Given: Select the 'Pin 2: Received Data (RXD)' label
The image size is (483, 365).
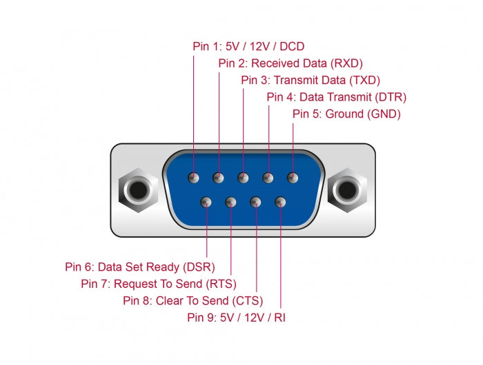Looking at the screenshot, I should pyautogui.click(x=290, y=63).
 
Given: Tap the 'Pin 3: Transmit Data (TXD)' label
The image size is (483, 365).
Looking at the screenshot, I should pyautogui.click(x=310, y=80).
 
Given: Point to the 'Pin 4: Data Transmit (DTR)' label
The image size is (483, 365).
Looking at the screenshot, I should pyautogui.click(x=337, y=97).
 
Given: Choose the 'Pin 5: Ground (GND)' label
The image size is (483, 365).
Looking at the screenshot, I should pyautogui.click(x=346, y=114).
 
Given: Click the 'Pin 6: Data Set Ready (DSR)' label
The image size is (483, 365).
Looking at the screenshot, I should pyautogui.click(x=140, y=267).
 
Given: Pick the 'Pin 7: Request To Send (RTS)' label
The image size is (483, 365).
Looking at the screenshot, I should pyautogui.click(x=159, y=283).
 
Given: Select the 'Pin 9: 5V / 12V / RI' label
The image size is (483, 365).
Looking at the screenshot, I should pyautogui.click(x=236, y=317).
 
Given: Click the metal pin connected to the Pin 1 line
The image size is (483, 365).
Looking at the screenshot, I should pyautogui.click(x=194, y=178).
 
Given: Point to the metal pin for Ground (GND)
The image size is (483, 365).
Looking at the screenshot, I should pyautogui.click(x=293, y=178).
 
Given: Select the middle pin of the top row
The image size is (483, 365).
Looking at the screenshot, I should pyautogui.click(x=243, y=178).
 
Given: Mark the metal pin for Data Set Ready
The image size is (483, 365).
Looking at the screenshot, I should pyautogui.click(x=206, y=202).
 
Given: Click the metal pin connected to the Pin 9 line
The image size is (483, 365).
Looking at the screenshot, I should pyautogui.click(x=280, y=202).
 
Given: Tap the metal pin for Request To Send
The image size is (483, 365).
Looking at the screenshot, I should pyautogui.click(x=230, y=202).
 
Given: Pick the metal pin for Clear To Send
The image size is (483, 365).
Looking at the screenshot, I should pyautogui.click(x=256, y=202).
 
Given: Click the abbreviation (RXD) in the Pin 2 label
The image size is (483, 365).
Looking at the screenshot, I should pyautogui.click(x=346, y=63).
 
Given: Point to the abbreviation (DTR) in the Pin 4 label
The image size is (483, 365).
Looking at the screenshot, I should pyautogui.click(x=391, y=97).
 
